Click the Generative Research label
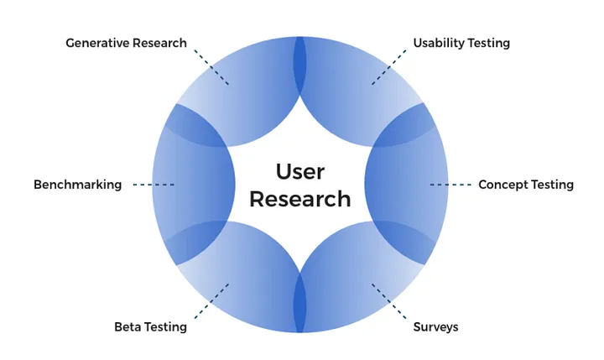click(x=126, y=43)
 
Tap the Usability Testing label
click(x=461, y=43)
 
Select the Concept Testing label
click(x=525, y=185)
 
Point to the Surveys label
click(x=435, y=326)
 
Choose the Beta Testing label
click(x=150, y=326)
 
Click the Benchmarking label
click(x=77, y=185)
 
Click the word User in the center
click(x=300, y=171)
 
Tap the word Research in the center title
click(x=300, y=199)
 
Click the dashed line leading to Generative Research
click(x=211, y=66)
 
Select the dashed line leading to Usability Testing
click(x=389, y=66)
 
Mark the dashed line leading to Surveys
click(x=389, y=301)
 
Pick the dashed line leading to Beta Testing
click(x=211, y=301)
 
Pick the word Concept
click(x=503, y=185)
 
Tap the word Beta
click(x=128, y=326)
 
